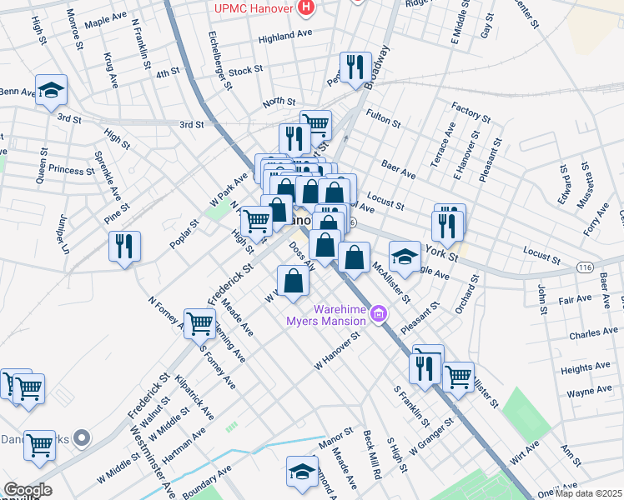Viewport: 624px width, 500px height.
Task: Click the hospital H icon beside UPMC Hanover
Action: tap(306, 8)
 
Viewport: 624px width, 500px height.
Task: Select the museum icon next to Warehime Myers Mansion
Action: tap(379, 313)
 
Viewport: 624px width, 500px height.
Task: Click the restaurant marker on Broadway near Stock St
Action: tap(355, 67)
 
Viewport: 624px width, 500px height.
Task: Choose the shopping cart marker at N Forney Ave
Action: tap(200, 323)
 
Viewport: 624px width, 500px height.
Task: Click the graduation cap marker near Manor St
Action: tap(302, 472)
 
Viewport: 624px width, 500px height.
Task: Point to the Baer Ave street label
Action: tap(398, 170)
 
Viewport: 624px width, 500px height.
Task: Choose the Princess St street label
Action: tap(72, 170)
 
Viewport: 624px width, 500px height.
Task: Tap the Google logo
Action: tap(28, 490)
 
